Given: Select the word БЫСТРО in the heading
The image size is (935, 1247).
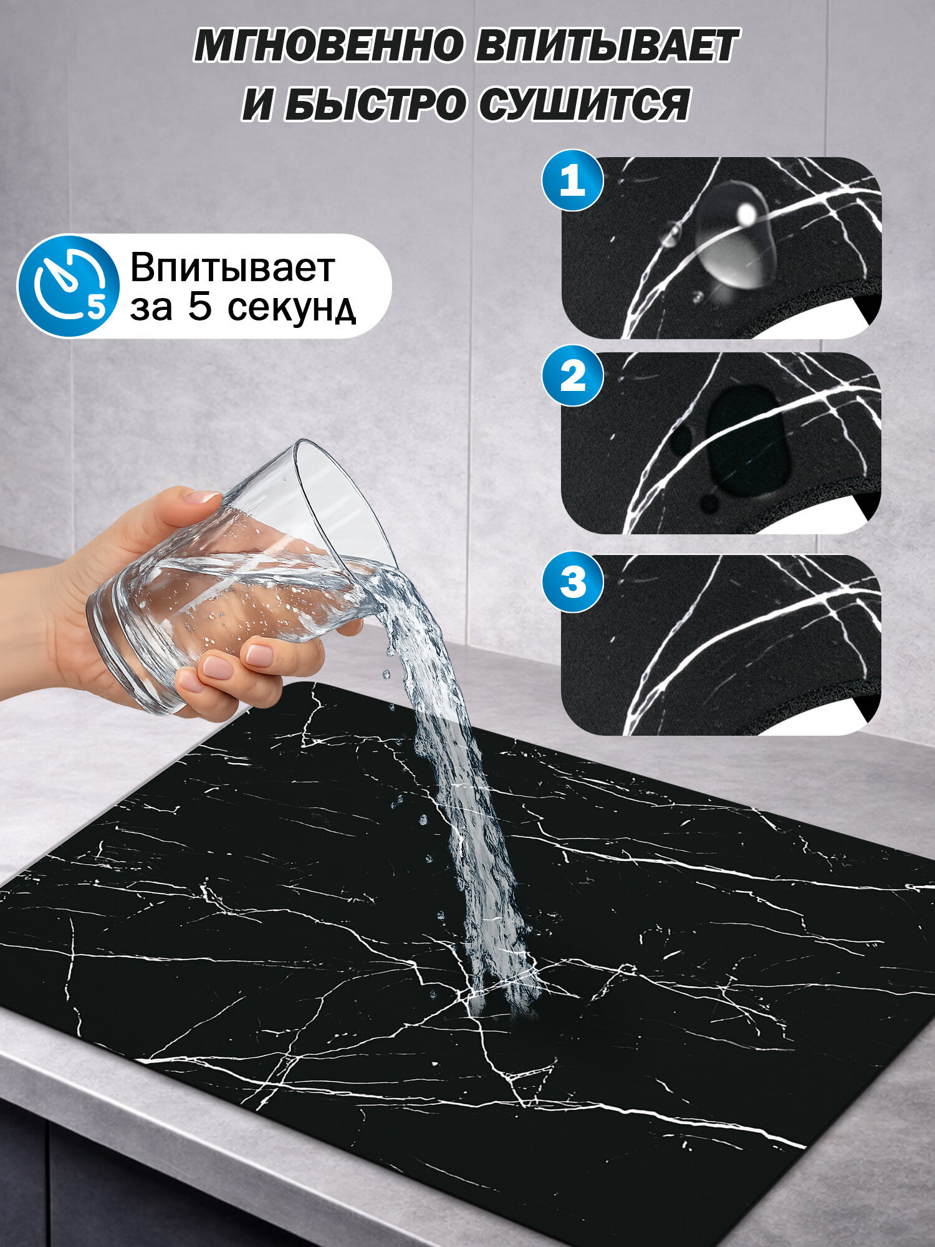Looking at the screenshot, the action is pyautogui.click(x=373, y=104).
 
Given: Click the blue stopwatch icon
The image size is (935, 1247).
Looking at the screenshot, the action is pyautogui.click(x=69, y=286).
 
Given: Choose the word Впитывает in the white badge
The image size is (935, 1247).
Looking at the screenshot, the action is pyautogui.click(x=232, y=268).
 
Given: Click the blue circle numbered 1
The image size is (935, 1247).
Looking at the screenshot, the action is pyautogui.click(x=572, y=181).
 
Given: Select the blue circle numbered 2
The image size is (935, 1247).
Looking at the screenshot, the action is pyautogui.click(x=572, y=376).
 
